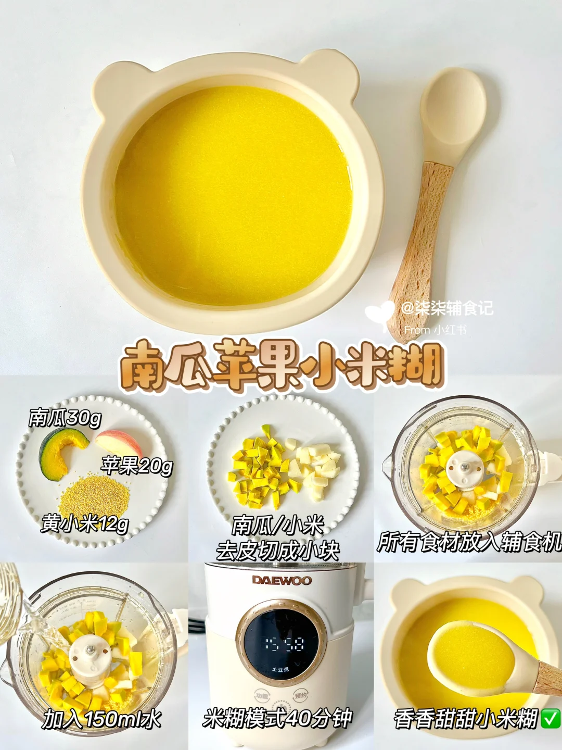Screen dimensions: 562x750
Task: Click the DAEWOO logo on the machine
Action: (x=282, y=580)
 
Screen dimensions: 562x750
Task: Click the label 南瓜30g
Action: (x=65, y=418)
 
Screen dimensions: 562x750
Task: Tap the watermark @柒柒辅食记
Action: (x=447, y=308)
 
